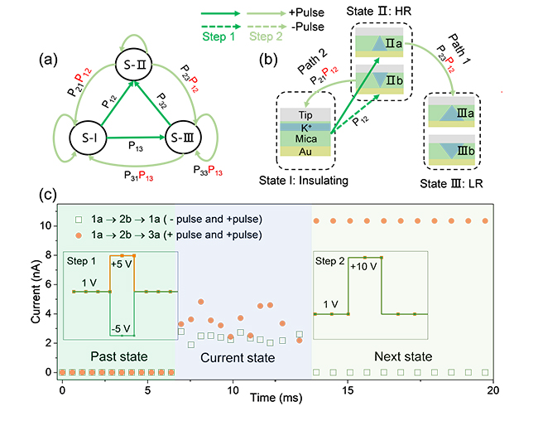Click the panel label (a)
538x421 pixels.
click(x=49, y=59)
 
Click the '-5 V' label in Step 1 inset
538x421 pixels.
click(x=122, y=329)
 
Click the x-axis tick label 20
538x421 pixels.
click(x=493, y=388)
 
